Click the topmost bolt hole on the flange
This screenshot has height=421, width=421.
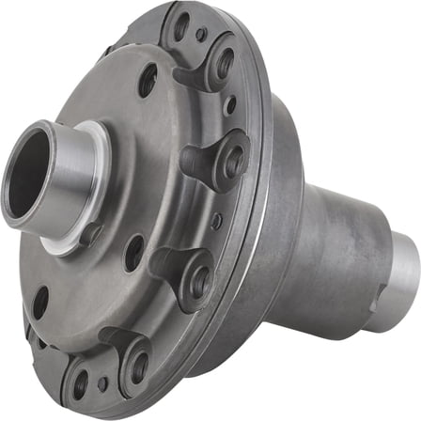click(181, 25)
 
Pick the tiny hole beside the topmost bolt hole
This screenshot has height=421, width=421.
click(201, 36)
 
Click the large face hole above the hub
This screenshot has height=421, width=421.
click(148, 80)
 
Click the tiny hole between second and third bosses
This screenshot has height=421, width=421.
click(218, 222)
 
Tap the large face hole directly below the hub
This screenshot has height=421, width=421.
click(134, 253)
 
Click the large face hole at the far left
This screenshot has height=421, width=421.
click(40, 301)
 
